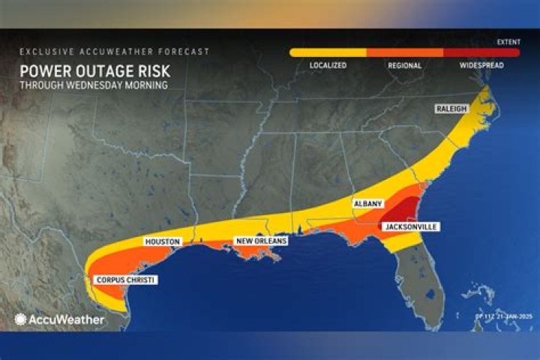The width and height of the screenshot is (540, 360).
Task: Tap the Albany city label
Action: click(x=368, y=203)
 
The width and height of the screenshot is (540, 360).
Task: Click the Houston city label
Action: click(x=161, y=242)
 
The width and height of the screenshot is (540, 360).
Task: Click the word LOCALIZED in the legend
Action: click(x=328, y=65)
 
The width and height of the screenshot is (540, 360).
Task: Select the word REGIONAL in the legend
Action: click(x=404, y=65)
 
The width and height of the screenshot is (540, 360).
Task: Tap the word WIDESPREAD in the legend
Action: click(x=481, y=65)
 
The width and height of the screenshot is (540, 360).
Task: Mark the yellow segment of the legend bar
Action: click(x=328, y=53)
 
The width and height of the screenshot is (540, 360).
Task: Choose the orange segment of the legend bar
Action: click(x=404, y=53)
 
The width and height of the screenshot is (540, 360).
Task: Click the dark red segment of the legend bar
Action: click(x=481, y=53)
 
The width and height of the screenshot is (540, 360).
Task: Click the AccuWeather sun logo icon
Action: click(x=20, y=319)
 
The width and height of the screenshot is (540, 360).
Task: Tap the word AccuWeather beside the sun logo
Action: click(x=66, y=319)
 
